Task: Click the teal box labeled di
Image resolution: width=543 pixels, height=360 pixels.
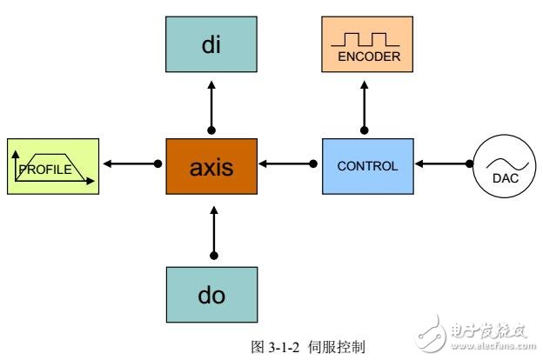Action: (211, 45)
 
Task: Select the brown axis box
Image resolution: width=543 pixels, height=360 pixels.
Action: (211, 165)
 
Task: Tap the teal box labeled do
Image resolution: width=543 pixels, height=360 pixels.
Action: (211, 294)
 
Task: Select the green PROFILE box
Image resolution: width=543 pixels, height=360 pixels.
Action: (51, 165)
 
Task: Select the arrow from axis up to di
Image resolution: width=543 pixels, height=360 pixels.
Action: (211, 106)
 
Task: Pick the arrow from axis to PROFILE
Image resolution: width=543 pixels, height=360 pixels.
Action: (131, 163)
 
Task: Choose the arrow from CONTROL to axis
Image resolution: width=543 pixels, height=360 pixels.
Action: (286, 163)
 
